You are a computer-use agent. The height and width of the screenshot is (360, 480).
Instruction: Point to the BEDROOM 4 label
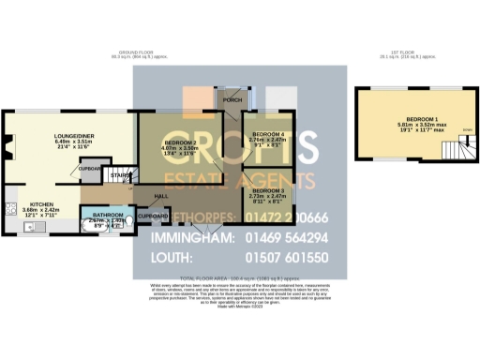[x=270, y=134]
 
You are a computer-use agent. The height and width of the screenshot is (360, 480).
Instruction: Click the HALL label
[x=162, y=195]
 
